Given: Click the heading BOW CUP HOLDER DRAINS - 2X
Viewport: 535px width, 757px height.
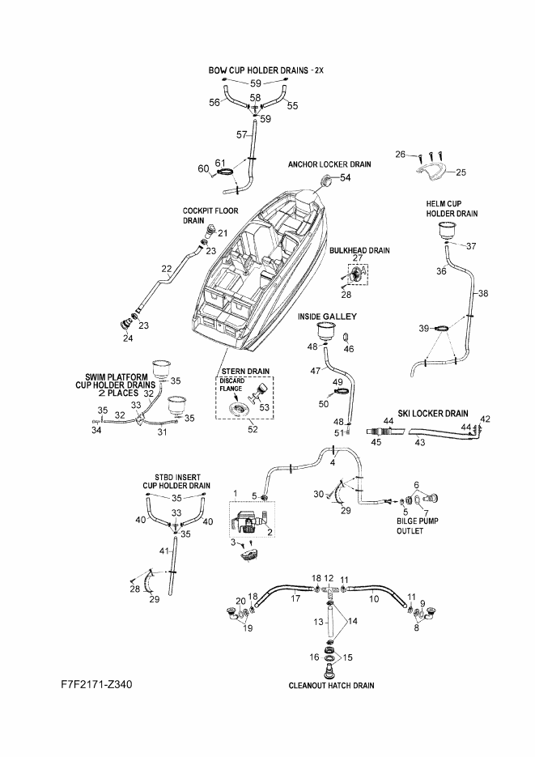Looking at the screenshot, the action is click(x=265, y=70).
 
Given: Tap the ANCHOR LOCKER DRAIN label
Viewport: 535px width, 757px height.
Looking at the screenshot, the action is click(x=329, y=164).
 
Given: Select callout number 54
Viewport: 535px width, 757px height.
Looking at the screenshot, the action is click(x=346, y=177).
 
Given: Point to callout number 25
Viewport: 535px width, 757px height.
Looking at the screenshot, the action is click(x=461, y=172).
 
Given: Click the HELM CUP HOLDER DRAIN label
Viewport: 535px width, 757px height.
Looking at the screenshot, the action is click(x=452, y=209).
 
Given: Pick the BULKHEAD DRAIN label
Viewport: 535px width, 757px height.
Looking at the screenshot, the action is click(x=359, y=250).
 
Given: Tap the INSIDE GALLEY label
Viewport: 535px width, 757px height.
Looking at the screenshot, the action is click(x=327, y=317).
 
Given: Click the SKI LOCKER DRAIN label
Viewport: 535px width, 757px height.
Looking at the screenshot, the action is click(x=433, y=413).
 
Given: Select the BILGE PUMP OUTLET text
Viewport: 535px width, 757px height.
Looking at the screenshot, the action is click(x=418, y=525).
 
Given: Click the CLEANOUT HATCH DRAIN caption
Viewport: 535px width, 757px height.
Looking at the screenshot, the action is click(x=331, y=685).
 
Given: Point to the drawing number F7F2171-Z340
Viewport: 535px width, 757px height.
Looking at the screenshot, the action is click(x=96, y=684).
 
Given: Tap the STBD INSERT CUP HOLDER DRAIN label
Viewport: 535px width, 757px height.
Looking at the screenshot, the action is click(x=176, y=482).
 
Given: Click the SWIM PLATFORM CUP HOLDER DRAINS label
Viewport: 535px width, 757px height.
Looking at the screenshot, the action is click(x=116, y=385).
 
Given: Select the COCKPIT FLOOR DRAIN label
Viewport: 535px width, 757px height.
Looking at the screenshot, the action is click(x=210, y=216).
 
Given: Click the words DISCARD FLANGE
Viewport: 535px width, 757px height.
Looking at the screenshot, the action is click(x=232, y=385).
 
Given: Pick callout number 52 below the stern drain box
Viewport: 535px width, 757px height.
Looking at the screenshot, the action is click(x=253, y=429).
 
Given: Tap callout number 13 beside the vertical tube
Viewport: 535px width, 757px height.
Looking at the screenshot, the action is click(x=318, y=622).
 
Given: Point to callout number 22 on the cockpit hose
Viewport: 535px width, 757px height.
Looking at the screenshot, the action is click(x=167, y=269).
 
